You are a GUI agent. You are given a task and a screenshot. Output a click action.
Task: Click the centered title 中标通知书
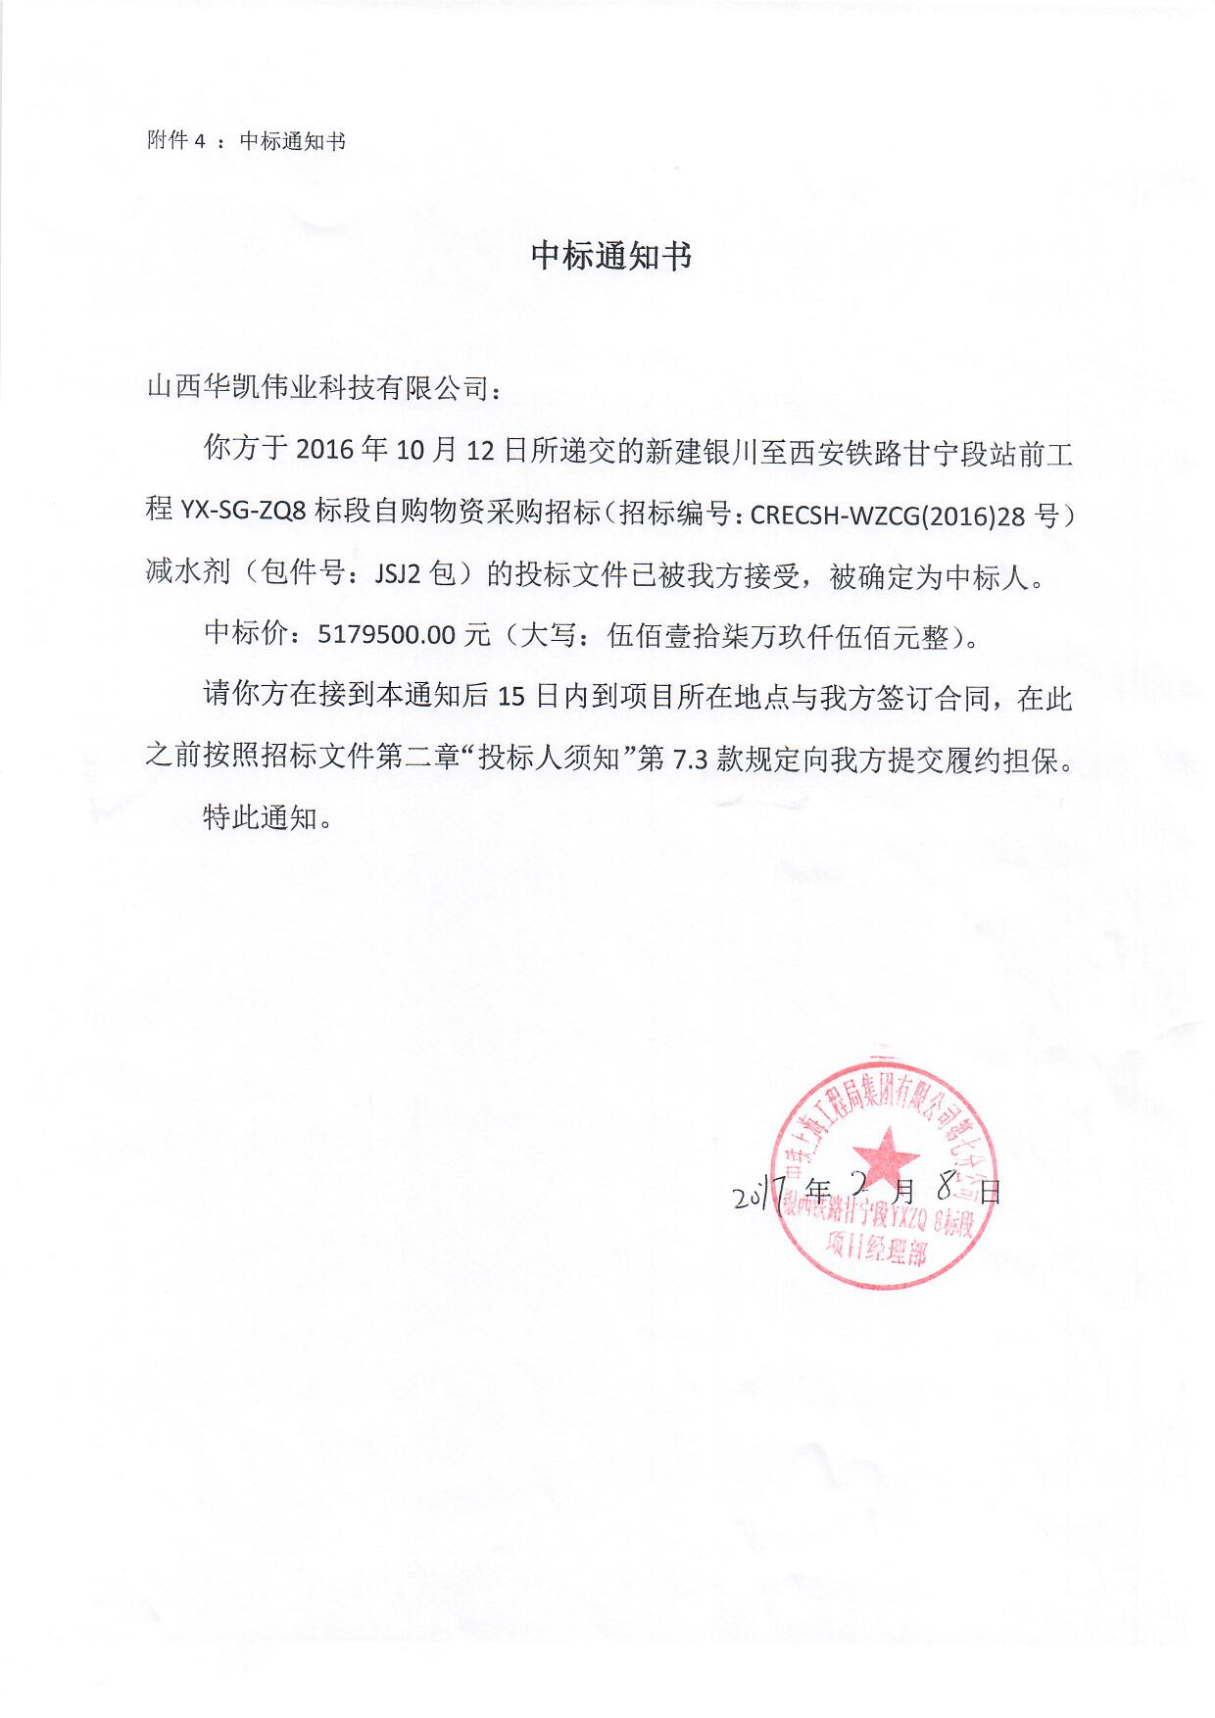[610, 256]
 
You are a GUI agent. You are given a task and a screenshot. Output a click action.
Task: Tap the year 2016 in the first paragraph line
[323, 451]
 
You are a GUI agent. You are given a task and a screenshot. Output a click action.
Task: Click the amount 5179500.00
[387, 635]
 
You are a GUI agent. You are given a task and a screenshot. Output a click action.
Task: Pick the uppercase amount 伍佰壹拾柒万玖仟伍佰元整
[779, 637]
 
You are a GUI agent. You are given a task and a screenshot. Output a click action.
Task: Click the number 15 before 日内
[512, 698]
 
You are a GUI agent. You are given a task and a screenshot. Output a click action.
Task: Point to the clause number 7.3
[690, 760]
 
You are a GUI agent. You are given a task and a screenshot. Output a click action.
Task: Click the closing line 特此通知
[260, 816]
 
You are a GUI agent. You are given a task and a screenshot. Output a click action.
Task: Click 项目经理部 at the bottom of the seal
[875, 1248]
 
